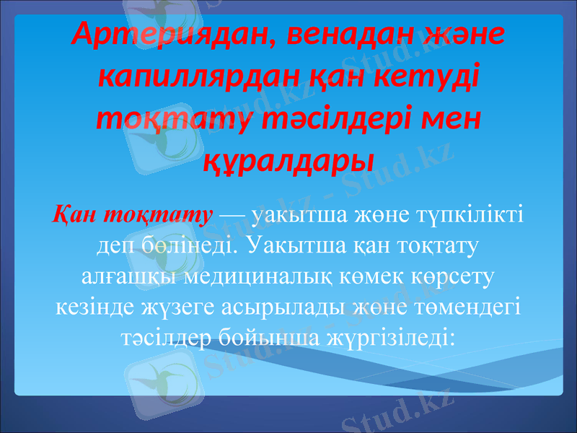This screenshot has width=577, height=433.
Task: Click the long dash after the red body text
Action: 230,216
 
